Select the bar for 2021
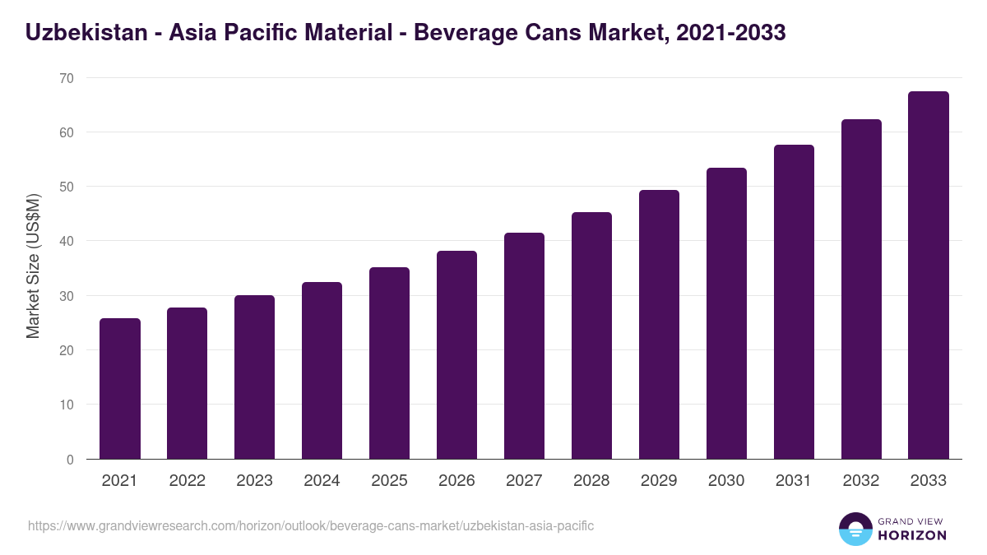[x=119, y=389]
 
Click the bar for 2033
[x=929, y=275]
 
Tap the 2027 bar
[x=524, y=346]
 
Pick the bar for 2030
[x=726, y=313]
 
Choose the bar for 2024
[x=322, y=371]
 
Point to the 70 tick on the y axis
[x=66, y=78]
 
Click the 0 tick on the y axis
[x=70, y=460]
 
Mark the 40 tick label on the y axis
[x=66, y=242]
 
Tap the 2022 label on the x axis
[x=187, y=481]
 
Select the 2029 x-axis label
[x=659, y=481]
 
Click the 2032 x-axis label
[x=861, y=481]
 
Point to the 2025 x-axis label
[x=389, y=481]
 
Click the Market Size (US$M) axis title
[x=33, y=266]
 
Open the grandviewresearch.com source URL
[x=311, y=525]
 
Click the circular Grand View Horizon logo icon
[x=855, y=529]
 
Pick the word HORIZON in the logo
[x=911, y=535]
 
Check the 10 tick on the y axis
[x=66, y=405]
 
